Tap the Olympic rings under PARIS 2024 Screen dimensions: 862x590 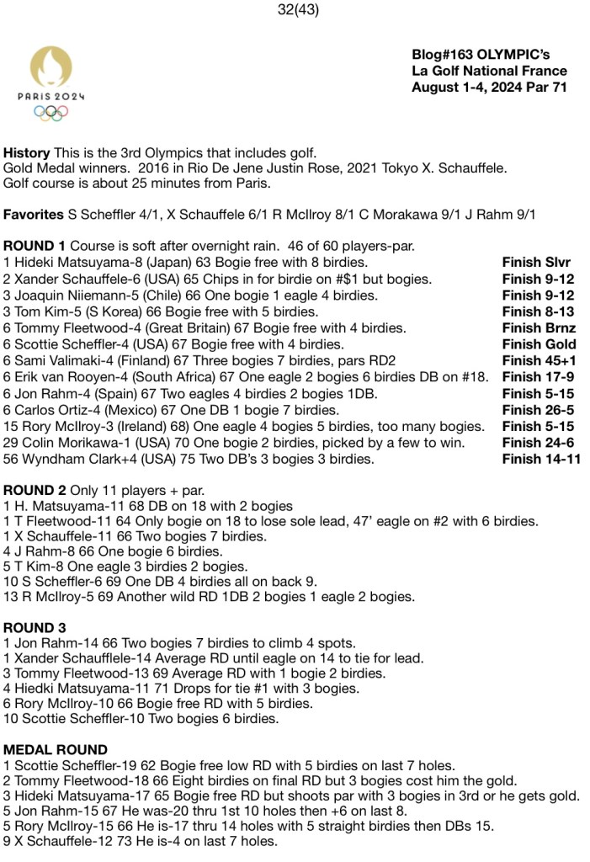(x=50, y=112)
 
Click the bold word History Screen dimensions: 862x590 (x=26, y=152)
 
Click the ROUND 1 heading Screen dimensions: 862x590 (x=35, y=246)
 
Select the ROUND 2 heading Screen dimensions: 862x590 (x=35, y=490)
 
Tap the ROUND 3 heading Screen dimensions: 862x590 (x=35, y=627)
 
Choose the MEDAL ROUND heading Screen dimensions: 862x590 (x=56, y=749)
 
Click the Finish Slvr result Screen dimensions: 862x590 (x=536, y=263)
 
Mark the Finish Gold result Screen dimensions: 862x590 (x=539, y=344)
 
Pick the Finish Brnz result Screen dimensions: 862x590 (x=539, y=328)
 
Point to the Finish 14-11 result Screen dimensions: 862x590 (x=541, y=459)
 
